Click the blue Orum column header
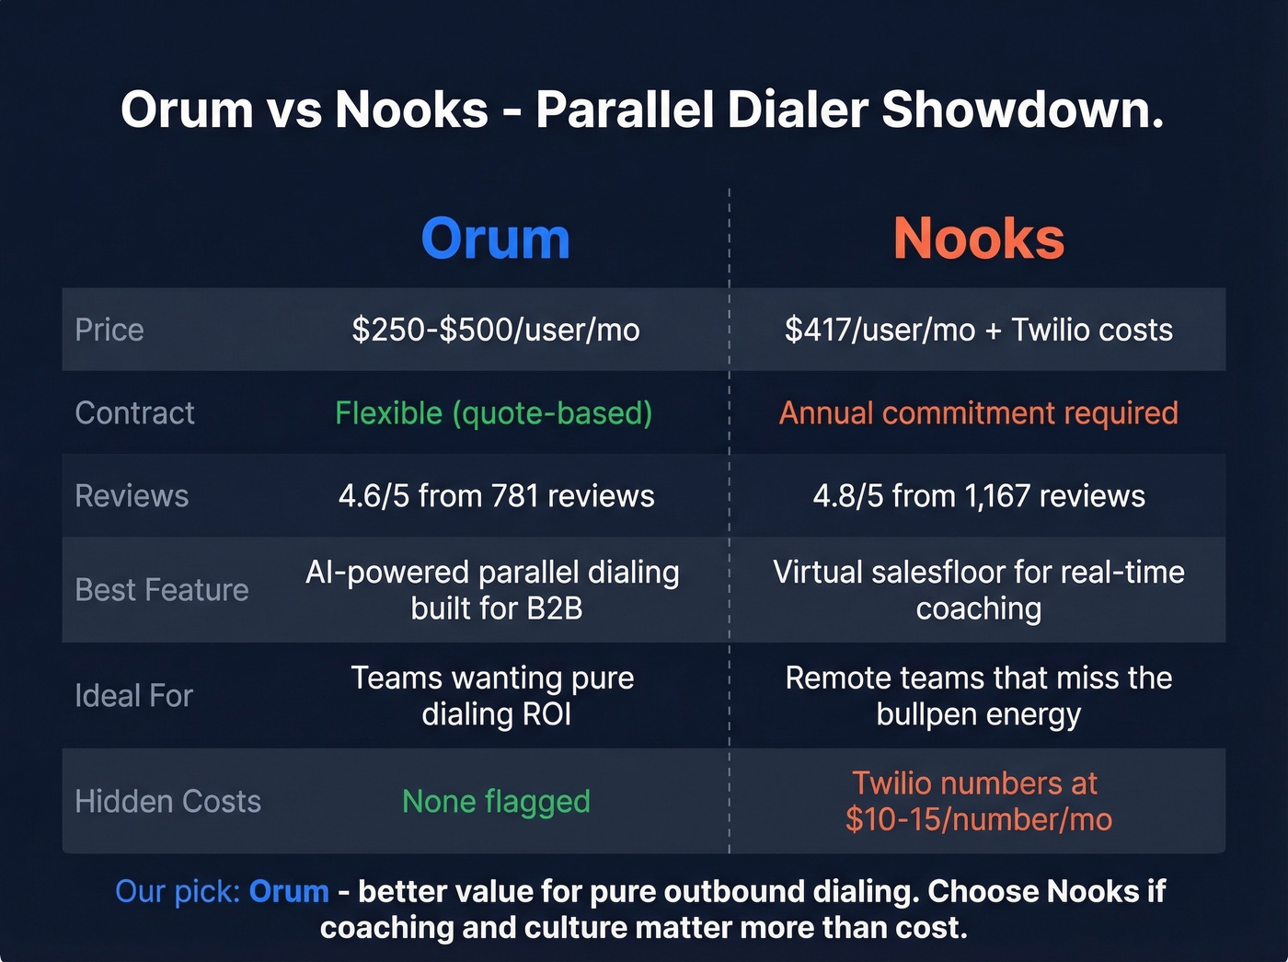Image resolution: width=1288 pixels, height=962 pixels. (495, 238)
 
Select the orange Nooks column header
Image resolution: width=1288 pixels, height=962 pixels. (979, 238)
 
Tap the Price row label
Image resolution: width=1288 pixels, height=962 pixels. (109, 330)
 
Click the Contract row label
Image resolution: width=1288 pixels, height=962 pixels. (134, 412)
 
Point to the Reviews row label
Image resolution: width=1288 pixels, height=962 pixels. (132, 495)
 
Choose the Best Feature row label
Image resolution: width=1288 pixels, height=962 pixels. (162, 589)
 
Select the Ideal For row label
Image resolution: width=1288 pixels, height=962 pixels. (133, 695)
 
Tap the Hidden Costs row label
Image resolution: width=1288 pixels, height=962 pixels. (167, 801)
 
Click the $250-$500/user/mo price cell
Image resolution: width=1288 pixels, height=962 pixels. (496, 330)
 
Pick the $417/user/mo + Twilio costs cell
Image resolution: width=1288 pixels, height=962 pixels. (979, 330)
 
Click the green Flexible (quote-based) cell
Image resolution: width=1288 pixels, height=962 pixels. (494, 412)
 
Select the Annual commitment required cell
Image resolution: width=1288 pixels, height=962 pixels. (979, 412)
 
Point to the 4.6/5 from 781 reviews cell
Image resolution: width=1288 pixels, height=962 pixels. (496, 495)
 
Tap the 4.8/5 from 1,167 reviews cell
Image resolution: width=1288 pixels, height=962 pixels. (979, 495)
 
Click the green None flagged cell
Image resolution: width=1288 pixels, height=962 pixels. (496, 801)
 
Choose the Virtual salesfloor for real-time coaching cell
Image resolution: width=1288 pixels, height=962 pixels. (979, 589)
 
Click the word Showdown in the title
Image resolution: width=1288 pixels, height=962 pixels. (1022, 110)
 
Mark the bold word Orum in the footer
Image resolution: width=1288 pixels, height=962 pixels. (289, 891)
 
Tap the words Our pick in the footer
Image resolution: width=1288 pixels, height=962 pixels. (178, 891)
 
